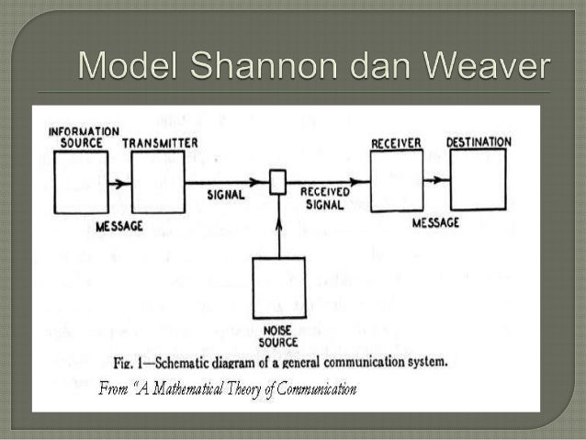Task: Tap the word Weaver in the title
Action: pos(485,69)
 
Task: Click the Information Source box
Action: pos(80,181)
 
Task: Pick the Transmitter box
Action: pos(157,182)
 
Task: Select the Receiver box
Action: pos(396,180)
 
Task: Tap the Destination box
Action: pos(477,180)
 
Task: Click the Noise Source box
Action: pos(278,288)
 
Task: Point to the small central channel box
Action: pos(277,181)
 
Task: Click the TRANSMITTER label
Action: pos(160,143)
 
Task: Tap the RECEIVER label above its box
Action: pos(396,142)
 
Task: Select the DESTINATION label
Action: pos(479,141)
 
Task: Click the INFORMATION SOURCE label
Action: pos(84,137)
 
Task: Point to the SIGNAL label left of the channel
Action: pos(226,195)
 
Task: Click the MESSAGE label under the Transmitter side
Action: pos(119,225)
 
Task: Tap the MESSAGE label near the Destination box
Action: pos(436,222)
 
